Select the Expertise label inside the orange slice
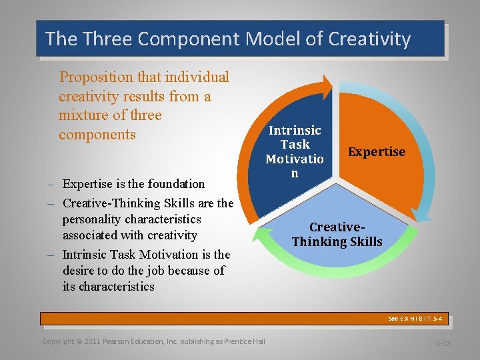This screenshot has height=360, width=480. [x=377, y=152]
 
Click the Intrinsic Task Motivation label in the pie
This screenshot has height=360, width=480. [x=294, y=151]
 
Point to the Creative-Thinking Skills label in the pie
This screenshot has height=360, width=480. [x=337, y=234]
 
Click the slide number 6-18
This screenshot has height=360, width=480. [x=443, y=343]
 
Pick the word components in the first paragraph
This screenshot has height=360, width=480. [x=97, y=135]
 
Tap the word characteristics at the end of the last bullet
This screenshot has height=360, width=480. [x=117, y=287]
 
